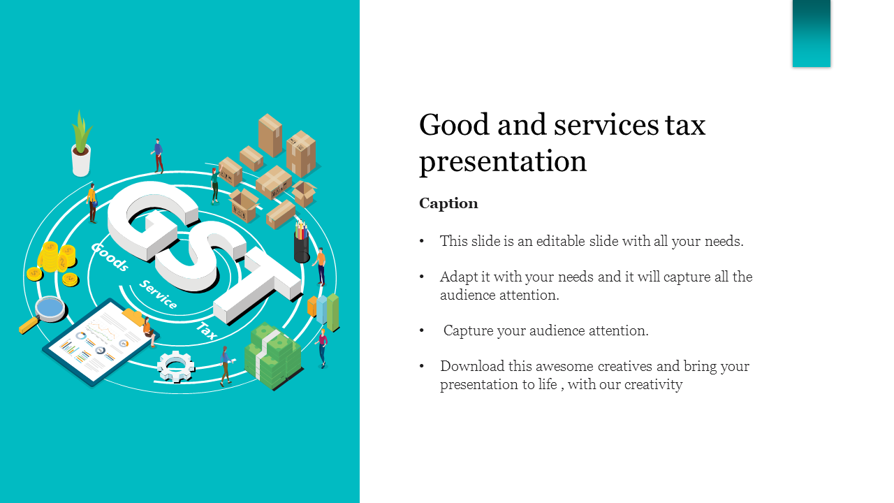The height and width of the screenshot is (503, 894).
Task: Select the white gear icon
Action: point(175,365)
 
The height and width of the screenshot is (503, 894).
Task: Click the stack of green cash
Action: point(273,356)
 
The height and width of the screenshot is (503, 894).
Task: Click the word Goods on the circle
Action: point(110,256)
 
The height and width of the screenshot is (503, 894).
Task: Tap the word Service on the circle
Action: point(158,295)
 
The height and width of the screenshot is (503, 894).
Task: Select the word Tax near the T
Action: point(207,330)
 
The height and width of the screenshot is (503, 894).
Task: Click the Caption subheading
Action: point(448,203)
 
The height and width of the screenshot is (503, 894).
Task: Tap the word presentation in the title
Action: point(503,161)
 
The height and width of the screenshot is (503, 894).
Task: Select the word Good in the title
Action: point(454,124)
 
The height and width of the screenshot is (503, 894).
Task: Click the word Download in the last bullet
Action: point(472,366)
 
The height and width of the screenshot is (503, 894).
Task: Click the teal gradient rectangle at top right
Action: point(812,34)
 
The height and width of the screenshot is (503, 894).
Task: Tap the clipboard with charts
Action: point(101,342)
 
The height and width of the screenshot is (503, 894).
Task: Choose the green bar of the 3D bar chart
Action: point(333,312)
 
